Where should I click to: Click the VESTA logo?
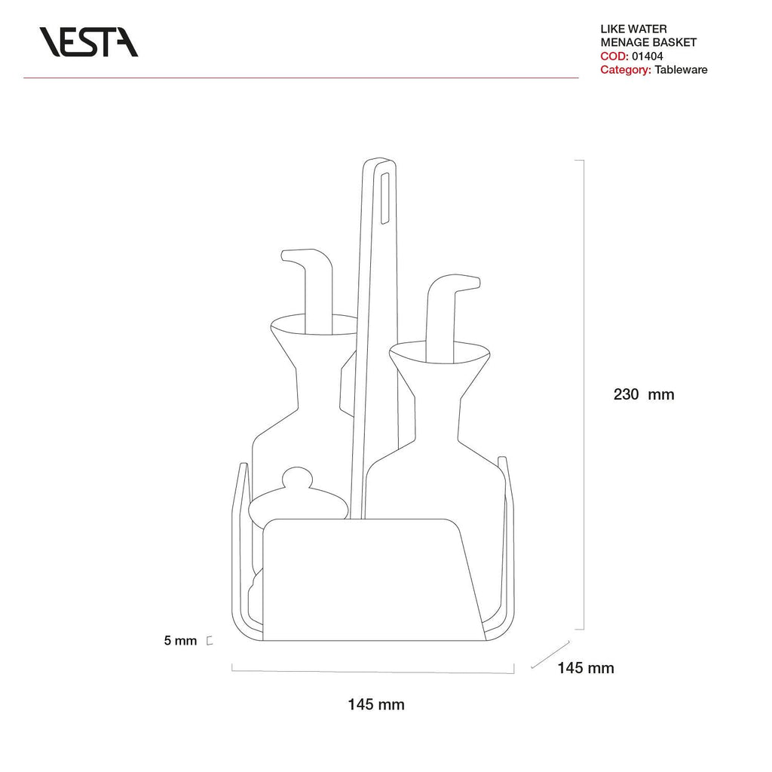pos(89,42)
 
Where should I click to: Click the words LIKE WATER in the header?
pos(633,29)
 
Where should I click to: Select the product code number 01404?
pos(648,56)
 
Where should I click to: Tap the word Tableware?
pos(681,70)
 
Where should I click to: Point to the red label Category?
pos(626,70)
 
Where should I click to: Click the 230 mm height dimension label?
pos(644,394)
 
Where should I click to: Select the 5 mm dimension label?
pos(180,641)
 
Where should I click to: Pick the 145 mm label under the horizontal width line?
pos(376,705)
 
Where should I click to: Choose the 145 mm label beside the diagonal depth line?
pos(585,668)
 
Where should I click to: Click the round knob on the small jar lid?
pos(296,478)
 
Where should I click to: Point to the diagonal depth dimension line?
pos(550,654)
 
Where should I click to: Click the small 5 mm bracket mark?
pos(210,641)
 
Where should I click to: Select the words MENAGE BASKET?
pos(648,43)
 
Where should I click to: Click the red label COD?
pos(614,56)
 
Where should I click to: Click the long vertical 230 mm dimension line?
pos(584,394)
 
